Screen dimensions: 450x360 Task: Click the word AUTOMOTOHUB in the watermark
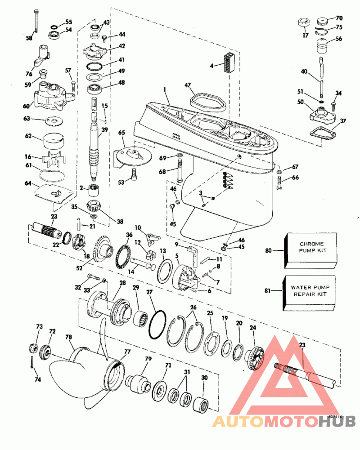(x=283, y=421)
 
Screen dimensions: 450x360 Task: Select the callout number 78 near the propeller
(x=69, y=336)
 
